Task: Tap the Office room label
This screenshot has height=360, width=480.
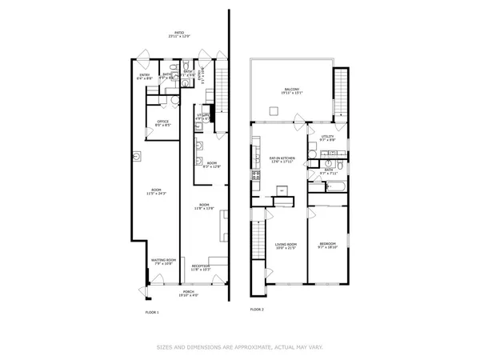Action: pyautogui.click(x=162, y=123)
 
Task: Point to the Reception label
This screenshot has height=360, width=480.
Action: pyautogui.click(x=200, y=266)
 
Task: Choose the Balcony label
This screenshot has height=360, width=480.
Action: pyautogui.click(x=292, y=90)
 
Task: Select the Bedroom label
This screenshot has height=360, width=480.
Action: pyautogui.click(x=328, y=244)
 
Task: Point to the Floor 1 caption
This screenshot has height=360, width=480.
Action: pyautogui.click(x=152, y=310)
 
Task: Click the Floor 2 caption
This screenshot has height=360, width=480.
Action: pyautogui.click(x=257, y=308)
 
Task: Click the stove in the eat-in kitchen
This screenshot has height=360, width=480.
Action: pyautogui.click(x=257, y=174)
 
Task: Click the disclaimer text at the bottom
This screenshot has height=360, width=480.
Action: pyautogui.click(x=239, y=347)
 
